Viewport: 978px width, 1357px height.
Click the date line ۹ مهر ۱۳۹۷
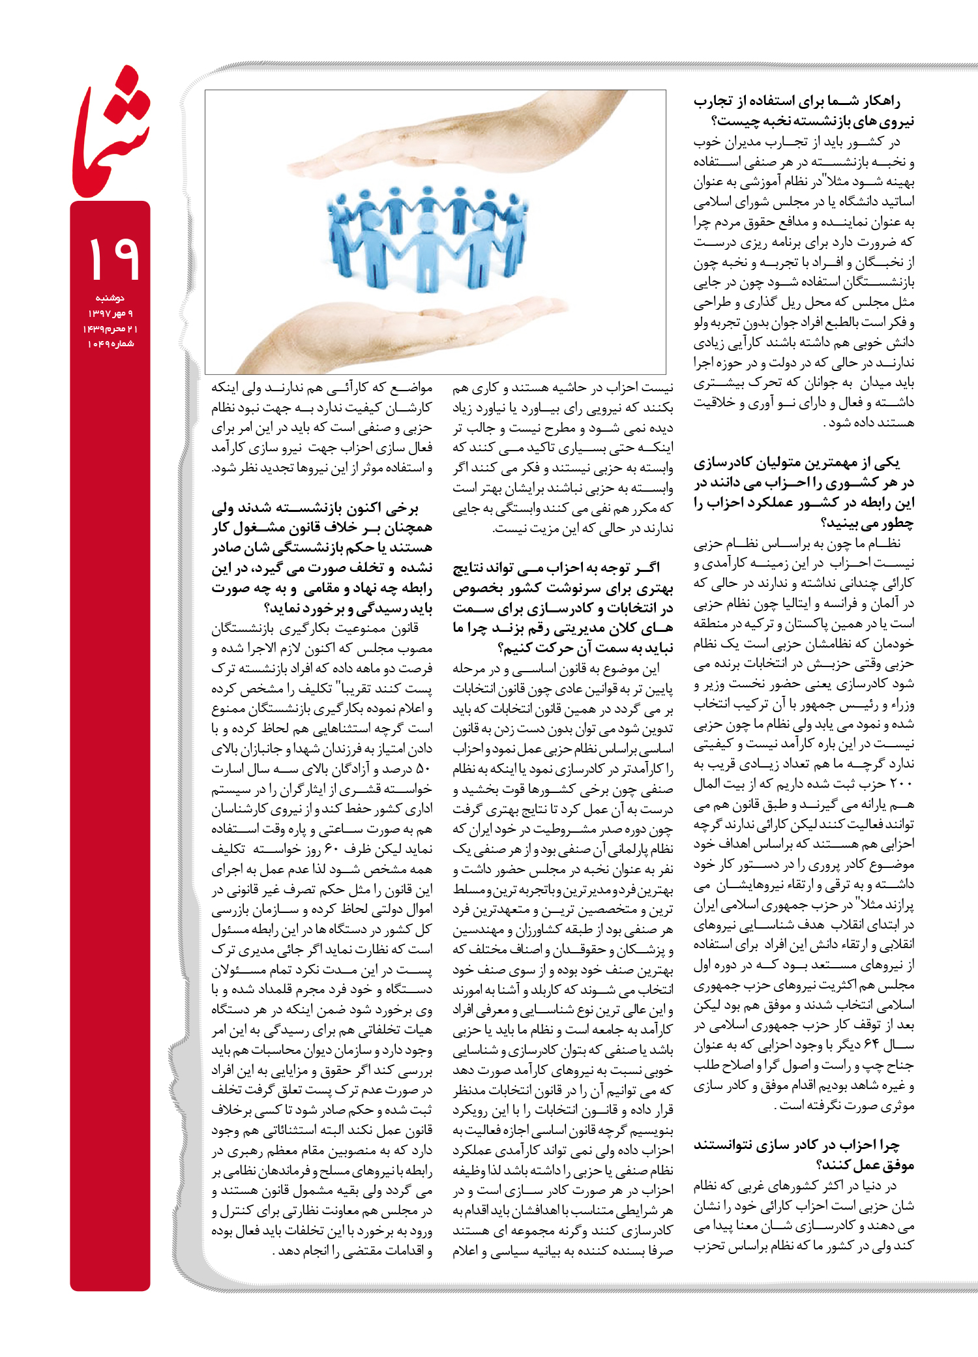pyautogui.click(x=110, y=314)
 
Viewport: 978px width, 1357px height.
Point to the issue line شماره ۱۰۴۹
pyautogui.click(x=110, y=344)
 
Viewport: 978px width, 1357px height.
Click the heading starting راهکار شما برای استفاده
pyautogui.click(x=803, y=111)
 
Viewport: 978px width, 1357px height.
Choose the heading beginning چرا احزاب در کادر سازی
pyautogui.click(x=803, y=1154)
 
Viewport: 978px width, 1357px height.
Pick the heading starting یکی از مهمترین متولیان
pyautogui.click(x=803, y=492)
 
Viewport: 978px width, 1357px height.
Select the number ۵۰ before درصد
pyautogui.click(x=422, y=769)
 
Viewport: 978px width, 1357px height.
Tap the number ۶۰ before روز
pyautogui.click(x=333, y=849)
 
